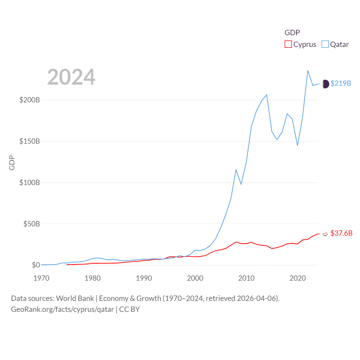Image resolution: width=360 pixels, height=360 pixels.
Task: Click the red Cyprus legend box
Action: tap(288, 44)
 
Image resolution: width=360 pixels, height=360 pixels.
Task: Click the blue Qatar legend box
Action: tap(325, 44)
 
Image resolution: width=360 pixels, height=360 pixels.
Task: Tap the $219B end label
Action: tap(341, 84)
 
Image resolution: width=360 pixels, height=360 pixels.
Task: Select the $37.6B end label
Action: tap(341, 233)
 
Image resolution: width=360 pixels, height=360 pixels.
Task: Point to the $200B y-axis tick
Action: tap(30, 100)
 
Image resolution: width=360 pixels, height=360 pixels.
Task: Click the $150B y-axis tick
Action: tap(30, 141)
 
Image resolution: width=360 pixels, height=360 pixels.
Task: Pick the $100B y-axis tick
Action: tap(30, 183)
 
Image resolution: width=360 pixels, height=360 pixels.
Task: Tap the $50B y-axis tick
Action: tap(31, 224)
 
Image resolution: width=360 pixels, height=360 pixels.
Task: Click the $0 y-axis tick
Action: tap(36, 265)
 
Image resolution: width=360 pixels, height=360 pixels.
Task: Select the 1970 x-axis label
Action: tap(41, 278)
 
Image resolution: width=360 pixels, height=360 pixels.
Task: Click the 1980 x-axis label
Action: tap(93, 278)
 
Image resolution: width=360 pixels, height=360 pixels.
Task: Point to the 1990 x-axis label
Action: tap(144, 278)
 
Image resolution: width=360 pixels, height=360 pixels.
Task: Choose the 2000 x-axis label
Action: tap(195, 278)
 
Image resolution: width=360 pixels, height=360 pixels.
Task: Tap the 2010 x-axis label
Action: tap(246, 278)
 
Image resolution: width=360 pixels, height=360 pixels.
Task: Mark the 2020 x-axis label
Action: tap(298, 278)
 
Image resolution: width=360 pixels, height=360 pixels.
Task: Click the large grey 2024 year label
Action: tap(71, 77)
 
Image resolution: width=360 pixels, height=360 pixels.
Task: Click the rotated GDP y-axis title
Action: tap(12, 163)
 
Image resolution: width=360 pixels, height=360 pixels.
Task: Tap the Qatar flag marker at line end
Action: tap(325, 84)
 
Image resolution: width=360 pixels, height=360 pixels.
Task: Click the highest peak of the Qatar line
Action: tap(308, 71)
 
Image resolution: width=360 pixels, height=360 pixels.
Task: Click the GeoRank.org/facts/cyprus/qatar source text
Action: tap(62, 309)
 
